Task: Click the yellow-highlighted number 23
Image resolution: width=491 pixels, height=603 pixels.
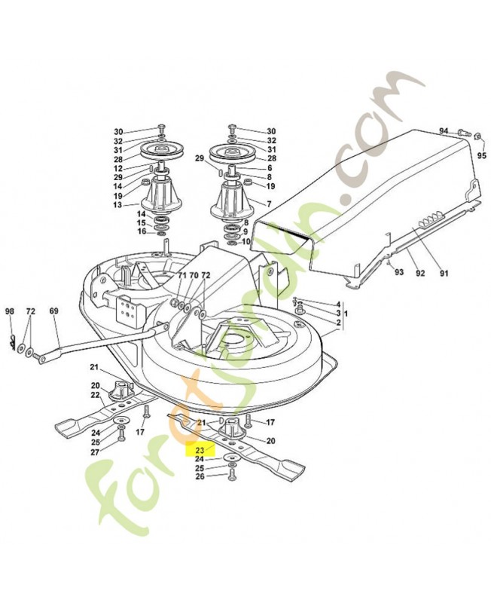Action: tap(200, 448)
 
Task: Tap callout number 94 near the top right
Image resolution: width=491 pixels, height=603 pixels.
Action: tap(444, 130)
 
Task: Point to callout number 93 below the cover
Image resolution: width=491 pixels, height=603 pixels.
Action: tap(399, 273)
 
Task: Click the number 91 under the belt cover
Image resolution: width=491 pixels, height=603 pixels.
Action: tap(444, 273)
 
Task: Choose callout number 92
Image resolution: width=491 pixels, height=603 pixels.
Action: tap(422, 273)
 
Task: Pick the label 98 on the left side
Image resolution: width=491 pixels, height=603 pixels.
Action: tap(10, 311)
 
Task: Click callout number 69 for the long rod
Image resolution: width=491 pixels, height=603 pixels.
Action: tap(53, 311)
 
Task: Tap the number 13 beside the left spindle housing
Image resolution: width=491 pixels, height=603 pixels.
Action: tap(118, 205)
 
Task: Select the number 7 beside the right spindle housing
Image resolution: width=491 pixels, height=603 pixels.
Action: tap(269, 204)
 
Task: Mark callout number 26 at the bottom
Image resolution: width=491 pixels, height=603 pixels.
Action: tap(200, 477)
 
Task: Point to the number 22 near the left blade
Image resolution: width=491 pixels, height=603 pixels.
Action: tap(96, 395)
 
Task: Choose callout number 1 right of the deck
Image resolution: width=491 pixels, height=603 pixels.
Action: tap(347, 313)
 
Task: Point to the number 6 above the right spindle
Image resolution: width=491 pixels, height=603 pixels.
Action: tap(269, 167)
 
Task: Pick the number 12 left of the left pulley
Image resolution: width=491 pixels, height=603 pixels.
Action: tap(118, 168)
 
